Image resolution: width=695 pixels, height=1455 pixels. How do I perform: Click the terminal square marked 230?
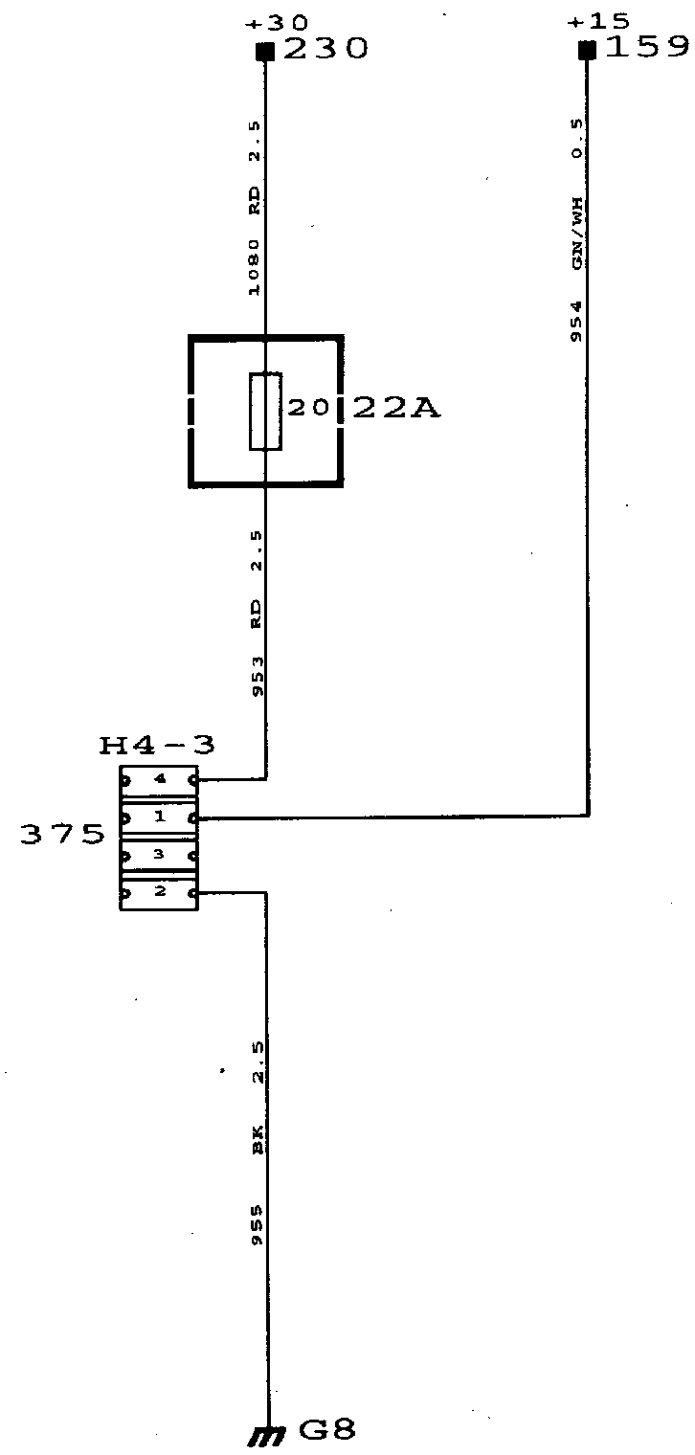[265, 51]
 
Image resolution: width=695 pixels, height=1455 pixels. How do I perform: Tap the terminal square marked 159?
[587, 50]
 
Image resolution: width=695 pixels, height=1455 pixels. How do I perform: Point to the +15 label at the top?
[592, 22]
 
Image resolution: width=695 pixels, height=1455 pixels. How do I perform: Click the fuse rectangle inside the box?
[265, 412]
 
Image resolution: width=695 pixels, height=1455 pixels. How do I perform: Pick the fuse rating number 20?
[307, 409]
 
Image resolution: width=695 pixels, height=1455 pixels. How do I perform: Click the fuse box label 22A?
[396, 409]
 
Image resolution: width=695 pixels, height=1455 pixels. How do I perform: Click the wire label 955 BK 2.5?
[257, 1145]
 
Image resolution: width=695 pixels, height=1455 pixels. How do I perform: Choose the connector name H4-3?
[157, 745]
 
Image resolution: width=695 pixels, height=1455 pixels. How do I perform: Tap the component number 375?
[63, 835]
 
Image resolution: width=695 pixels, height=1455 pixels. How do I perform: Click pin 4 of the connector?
[159, 780]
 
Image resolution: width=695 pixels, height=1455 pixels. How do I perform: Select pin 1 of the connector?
[159, 817]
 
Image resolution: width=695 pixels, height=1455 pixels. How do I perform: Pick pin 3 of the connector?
[159, 854]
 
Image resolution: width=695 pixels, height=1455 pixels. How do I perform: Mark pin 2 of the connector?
[159, 892]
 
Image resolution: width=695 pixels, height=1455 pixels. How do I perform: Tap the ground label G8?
[326, 1431]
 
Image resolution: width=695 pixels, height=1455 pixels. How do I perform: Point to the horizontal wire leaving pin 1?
[392, 817]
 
